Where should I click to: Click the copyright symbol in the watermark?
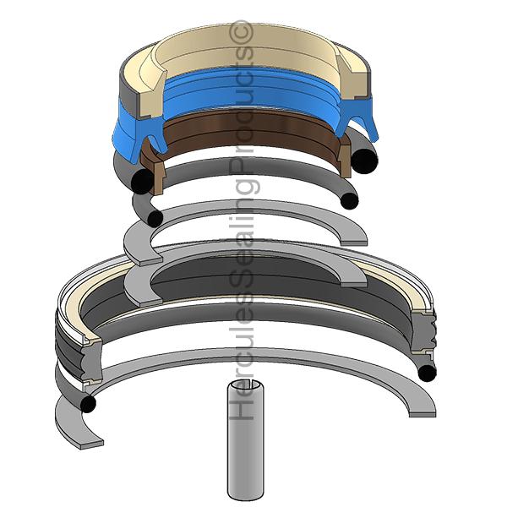242,31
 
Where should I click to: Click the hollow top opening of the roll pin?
241,385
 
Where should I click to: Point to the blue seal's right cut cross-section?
356,120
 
